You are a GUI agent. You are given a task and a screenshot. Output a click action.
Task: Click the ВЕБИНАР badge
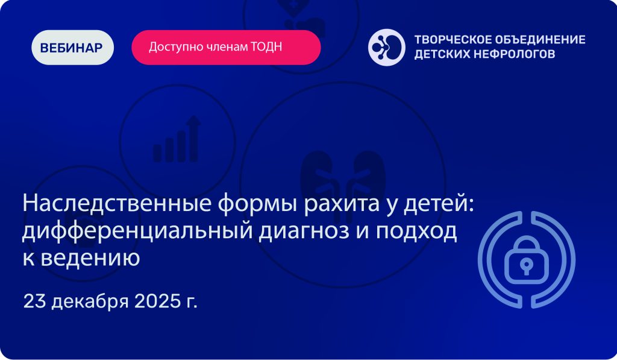(72, 47)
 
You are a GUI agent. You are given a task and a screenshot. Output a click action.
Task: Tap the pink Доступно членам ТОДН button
(227, 47)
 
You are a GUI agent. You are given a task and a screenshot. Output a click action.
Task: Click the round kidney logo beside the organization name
(386, 47)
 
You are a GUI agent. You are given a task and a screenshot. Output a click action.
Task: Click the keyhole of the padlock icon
(526, 265)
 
